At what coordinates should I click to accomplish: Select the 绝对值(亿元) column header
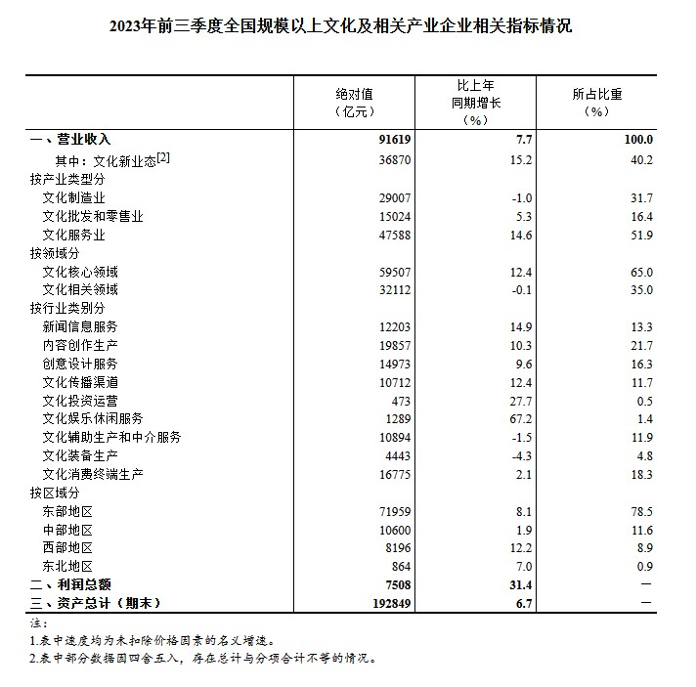pyautogui.click(x=354, y=103)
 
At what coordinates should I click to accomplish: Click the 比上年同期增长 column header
pyautogui.click(x=476, y=103)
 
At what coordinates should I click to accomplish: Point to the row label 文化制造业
pyautogui.click(x=74, y=198)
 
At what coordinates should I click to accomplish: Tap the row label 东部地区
pyautogui.click(x=67, y=511)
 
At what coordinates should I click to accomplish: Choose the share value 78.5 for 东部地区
pyautogui.click(x=639, y=511)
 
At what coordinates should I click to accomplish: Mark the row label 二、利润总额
pyautogui.click(x=64, y=584)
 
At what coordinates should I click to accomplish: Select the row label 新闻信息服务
pyautogui.click(x=80, y=326)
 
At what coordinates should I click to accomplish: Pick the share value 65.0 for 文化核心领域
pyautogui.click(x=639, y=272)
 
